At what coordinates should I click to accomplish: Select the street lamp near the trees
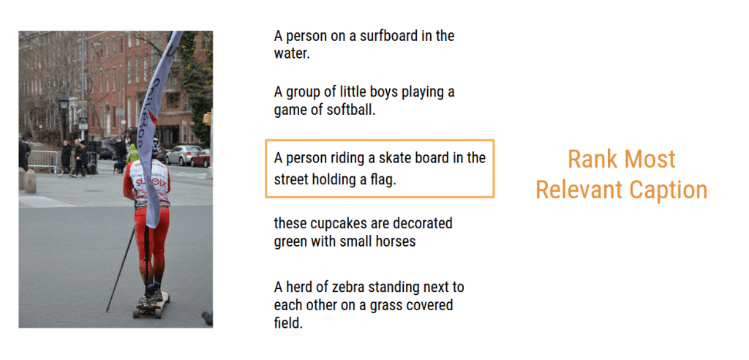(x=64, y=117)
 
